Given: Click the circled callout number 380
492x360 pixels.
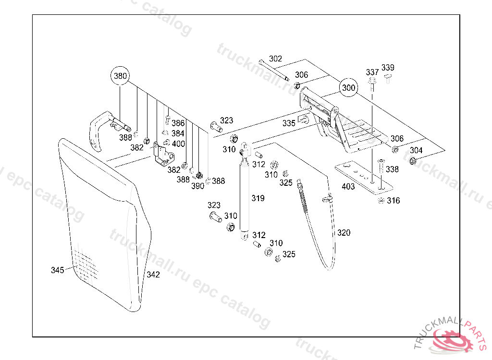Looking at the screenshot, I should (x=120, y=76).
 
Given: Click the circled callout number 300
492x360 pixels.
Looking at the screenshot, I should (x=349, y=88).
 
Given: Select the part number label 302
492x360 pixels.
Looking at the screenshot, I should (x=275, y=59).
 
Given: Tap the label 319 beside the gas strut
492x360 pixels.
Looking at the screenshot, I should (x=258, y=198).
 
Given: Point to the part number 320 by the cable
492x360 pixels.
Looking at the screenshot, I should (x=344, y=233).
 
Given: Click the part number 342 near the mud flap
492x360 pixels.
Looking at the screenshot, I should (x=153, y=275).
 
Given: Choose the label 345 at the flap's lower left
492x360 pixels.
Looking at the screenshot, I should (x=58, y=270).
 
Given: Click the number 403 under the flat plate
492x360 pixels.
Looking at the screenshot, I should (x=348, y=186).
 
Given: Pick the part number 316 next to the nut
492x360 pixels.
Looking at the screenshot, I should (x=394, y=201).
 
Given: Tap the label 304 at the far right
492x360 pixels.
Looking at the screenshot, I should (x=416, y=150).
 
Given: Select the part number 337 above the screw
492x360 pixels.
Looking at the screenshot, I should (x=372, y=72).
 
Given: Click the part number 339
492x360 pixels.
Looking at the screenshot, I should (x=388, y=67).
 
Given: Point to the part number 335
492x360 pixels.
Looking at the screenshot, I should (x=289, y=123).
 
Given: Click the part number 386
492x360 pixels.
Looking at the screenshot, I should (x=178, y=123).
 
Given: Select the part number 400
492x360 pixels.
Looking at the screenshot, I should (x=178, y=144).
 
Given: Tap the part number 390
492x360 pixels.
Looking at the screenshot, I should (x=197, y=186).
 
